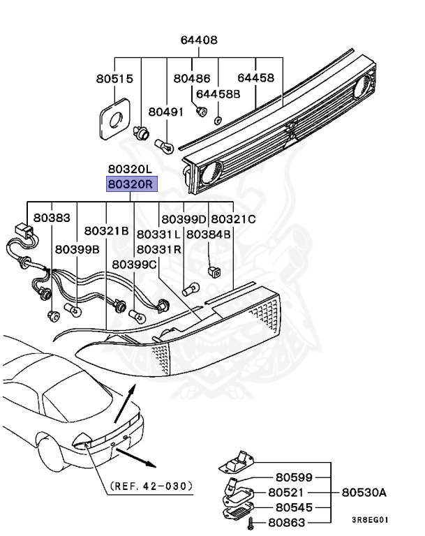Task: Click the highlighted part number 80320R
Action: click(132, 185)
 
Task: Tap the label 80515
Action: click(114, 79)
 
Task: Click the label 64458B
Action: click(218, 94)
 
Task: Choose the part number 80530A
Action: click(364, 493)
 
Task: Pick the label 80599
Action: click(294, 478)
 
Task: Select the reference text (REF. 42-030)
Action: click(151, 485)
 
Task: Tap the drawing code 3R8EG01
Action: click(370, 520)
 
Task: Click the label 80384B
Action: click(208, 234)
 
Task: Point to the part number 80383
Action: click(52, 218)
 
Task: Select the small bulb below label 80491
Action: click(166, 144)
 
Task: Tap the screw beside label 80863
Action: click(252, 522)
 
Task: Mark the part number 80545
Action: click(294, 507)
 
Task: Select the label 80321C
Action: click(233, 219)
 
